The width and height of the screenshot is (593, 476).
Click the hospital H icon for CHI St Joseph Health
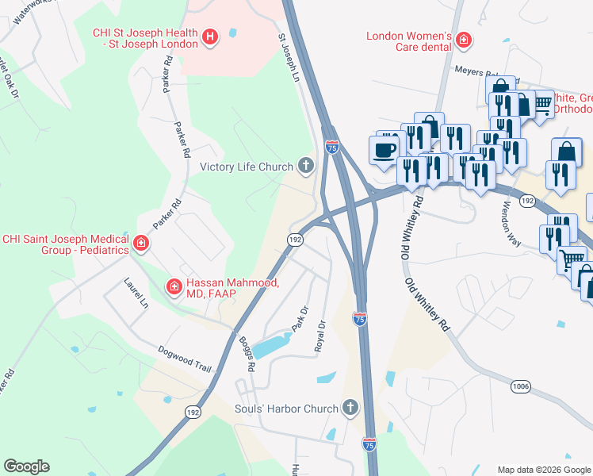(x=210, y=36)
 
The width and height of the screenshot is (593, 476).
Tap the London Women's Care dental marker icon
(x=463, y=39)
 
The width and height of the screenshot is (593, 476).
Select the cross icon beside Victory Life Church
(x=305, y=166)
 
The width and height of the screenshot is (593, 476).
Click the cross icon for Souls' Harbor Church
(x=350, y=409)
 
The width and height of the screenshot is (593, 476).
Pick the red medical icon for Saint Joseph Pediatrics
(x=141, y=244)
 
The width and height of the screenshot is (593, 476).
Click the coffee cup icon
(x=385, y=150)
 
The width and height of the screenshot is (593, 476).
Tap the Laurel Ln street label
(x=136, y=292)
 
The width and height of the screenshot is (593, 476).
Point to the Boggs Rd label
(x=247, y=355)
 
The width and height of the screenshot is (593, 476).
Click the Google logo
(x=26, y=466)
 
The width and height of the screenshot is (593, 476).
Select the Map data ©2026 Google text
(x=543, y=470)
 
